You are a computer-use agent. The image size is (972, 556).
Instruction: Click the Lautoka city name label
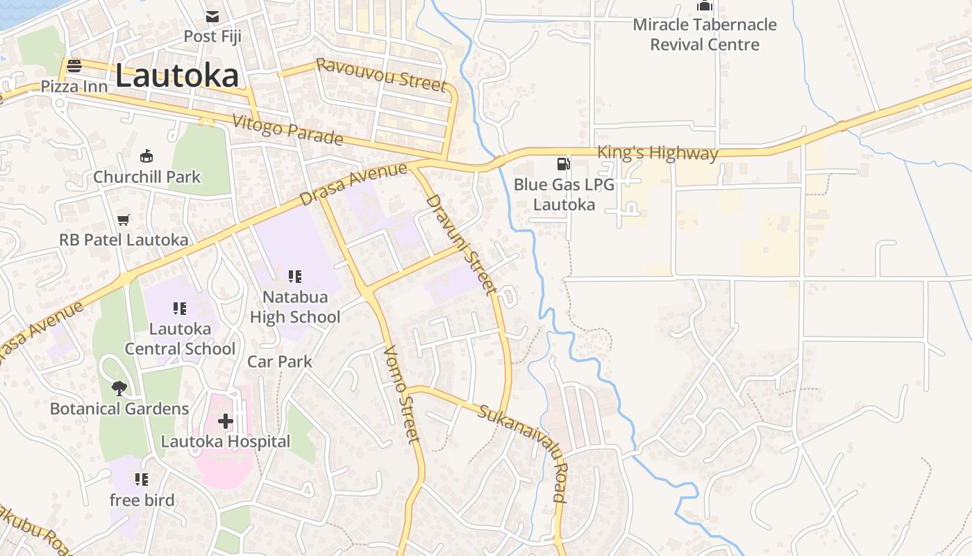[177, 76]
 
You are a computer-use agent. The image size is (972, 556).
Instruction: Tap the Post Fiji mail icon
[212, 17]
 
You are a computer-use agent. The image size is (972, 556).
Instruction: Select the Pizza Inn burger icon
[74, 66]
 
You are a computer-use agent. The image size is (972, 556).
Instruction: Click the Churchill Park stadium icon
[146, 156]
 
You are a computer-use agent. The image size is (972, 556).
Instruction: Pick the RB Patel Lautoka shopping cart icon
[124, 220]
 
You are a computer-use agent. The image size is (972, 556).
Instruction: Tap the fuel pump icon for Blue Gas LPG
[563, 164]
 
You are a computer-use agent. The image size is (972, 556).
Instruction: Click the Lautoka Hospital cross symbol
[226, 420]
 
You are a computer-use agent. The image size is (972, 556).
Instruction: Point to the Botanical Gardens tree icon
[119, 388]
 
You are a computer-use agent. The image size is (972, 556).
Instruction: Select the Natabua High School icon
[295, 277]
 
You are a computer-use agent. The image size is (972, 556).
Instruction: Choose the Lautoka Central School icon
[180, 308]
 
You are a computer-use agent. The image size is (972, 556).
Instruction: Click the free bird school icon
[142, 479]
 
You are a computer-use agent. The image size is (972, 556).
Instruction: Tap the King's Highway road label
[657, 153]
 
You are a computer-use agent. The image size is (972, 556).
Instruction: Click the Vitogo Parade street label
[287, 130]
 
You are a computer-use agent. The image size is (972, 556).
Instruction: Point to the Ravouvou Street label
[380, 75]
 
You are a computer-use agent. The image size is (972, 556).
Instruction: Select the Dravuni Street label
[462, 243]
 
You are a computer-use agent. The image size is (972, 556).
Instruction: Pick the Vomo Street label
[402, 394]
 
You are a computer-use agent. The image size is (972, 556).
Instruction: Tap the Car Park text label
[280, 361]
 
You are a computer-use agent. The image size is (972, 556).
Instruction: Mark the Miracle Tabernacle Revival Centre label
[705, 35]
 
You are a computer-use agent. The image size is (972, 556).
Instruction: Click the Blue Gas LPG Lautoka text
[564, 195]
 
